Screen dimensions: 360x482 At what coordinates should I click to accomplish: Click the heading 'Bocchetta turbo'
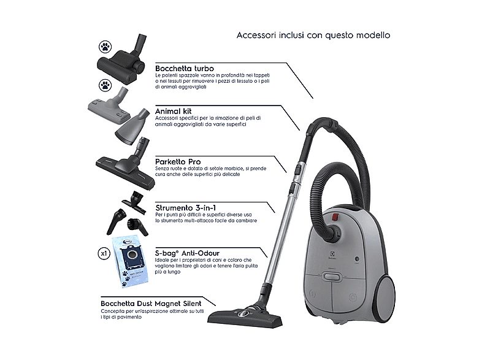(185, 67)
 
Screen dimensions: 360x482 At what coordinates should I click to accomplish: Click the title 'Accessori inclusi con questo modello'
(313, 35)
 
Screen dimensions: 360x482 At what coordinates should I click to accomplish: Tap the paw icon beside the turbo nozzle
(104, 47)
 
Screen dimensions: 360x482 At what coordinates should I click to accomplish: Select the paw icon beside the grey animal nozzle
(104, 85)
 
